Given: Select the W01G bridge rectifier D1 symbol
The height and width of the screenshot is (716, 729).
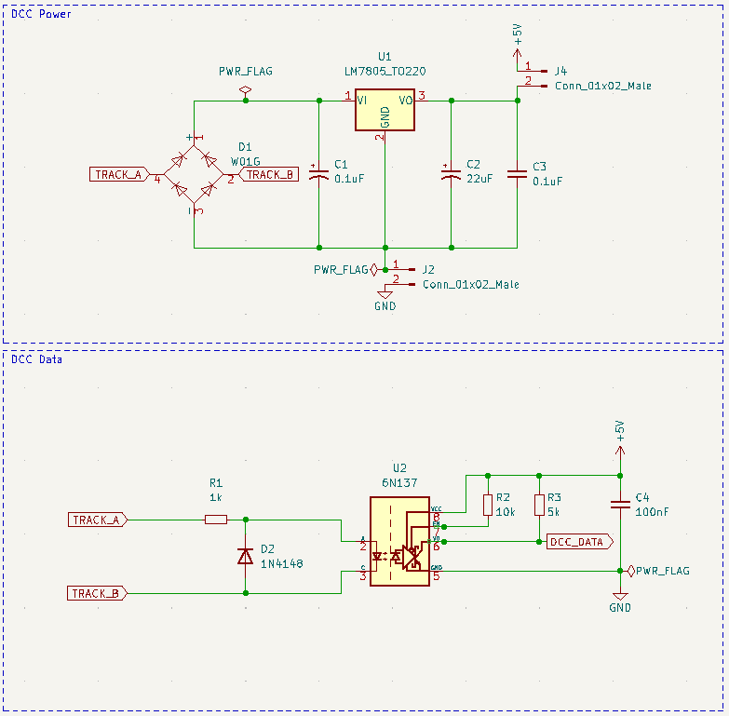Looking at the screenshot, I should (194, 174).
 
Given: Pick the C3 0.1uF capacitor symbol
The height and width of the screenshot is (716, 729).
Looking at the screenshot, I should (517, 174).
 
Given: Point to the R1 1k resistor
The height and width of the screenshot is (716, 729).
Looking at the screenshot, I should (215, 519).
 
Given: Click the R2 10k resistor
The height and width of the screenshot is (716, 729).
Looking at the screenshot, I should (487, 505).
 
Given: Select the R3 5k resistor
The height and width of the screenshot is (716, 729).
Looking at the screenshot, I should (539, 505).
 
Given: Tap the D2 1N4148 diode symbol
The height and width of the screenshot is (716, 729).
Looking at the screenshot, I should (245, 556).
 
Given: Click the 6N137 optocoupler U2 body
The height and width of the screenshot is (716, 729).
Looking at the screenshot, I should (399, 541).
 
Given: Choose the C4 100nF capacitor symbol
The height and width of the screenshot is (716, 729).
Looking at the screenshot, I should (619, 505).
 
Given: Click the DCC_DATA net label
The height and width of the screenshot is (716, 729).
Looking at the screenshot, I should (577, 541).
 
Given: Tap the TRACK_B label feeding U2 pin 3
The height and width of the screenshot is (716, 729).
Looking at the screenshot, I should (98, 593).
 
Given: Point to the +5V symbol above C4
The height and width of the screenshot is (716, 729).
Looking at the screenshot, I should (619, 433).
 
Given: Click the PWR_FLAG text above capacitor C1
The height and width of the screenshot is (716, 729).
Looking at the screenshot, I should (245, 71).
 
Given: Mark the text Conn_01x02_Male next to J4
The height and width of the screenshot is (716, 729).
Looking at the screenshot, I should (601, 86).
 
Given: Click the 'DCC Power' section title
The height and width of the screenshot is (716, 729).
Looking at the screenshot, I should (41, 14).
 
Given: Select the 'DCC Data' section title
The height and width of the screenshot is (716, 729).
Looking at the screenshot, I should (37, 358).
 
